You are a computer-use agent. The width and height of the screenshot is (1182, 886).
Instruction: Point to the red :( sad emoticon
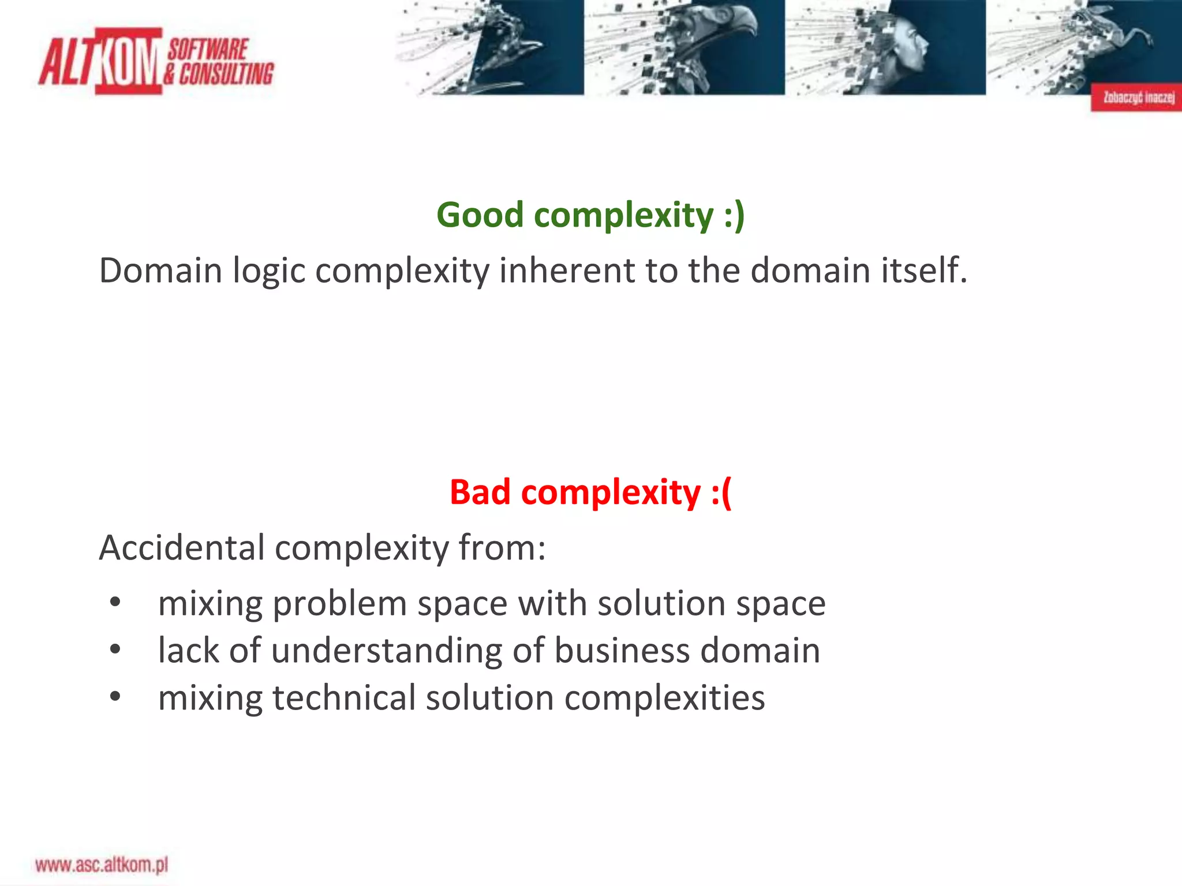[x=721, y=493]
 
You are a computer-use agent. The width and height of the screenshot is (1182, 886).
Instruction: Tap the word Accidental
[x=182, y=547]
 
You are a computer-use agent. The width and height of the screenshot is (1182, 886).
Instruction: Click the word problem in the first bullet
[x=340, y=605]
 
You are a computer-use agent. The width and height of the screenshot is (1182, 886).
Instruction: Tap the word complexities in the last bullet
[x=664, y=698]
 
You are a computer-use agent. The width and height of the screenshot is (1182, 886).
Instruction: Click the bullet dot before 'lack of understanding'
[x=115, y=650]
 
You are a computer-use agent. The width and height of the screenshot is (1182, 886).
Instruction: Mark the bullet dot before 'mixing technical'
[x=115, y=697]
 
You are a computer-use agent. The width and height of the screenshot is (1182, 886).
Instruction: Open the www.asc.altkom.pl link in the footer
[x=102, y=865]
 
